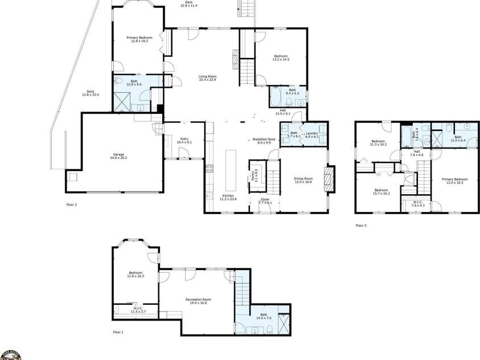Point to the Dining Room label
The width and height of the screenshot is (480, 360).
[x=303, y=181]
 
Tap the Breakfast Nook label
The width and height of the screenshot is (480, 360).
[x=264, y=141]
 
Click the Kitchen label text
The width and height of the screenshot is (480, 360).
[x=228, y=198]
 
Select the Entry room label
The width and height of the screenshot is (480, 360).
[x=184, y=140]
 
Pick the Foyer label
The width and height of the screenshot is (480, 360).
[x=265, y=201]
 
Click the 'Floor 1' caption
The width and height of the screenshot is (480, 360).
[x=118, y=331]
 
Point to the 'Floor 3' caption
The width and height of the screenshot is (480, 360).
[x=361, y=226]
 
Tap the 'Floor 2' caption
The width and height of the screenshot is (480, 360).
[x=72, y=203]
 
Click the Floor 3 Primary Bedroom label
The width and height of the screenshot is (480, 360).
[x=454, y=181]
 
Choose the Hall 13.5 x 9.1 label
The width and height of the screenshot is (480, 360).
[x=283, y=112]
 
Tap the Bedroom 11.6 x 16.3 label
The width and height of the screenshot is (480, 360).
[x=136, y=275]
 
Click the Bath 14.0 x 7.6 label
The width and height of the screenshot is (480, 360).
[x=264, y=316]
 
